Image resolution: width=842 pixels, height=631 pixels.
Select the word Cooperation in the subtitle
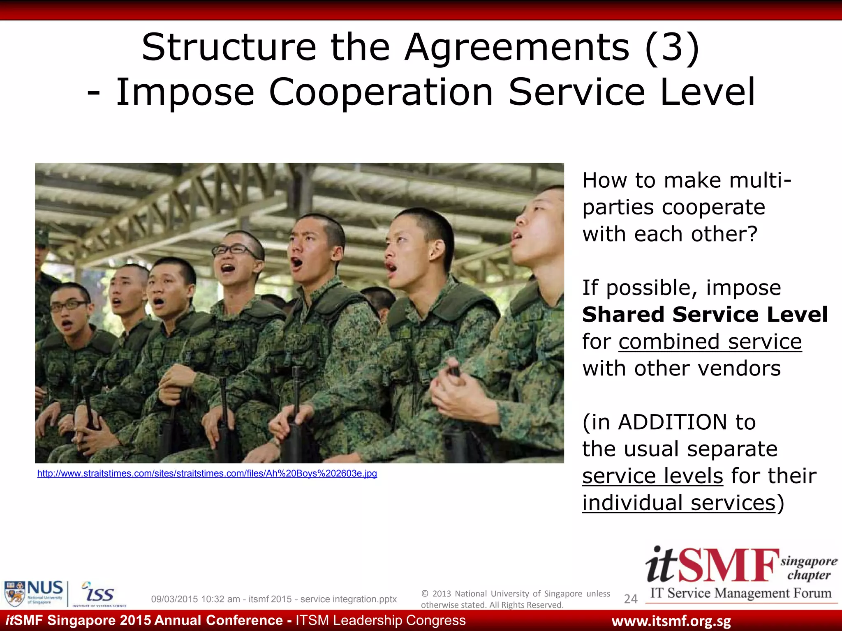381,92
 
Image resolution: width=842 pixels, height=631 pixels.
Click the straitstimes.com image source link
207,473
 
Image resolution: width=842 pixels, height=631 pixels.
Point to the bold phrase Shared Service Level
705,315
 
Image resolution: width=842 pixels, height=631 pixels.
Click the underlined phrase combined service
710,341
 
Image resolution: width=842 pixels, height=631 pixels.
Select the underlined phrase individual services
678,503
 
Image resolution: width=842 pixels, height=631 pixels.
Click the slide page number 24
630,599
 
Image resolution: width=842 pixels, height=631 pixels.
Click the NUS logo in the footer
34,593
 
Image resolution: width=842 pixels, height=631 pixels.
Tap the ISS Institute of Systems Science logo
99,594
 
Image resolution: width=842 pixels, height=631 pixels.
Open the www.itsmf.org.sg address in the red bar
671,621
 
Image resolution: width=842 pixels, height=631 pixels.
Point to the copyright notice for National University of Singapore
515,599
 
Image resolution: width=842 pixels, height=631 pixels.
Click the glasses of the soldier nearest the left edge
69,305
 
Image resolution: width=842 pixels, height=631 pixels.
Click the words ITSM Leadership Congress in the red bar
380,620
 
